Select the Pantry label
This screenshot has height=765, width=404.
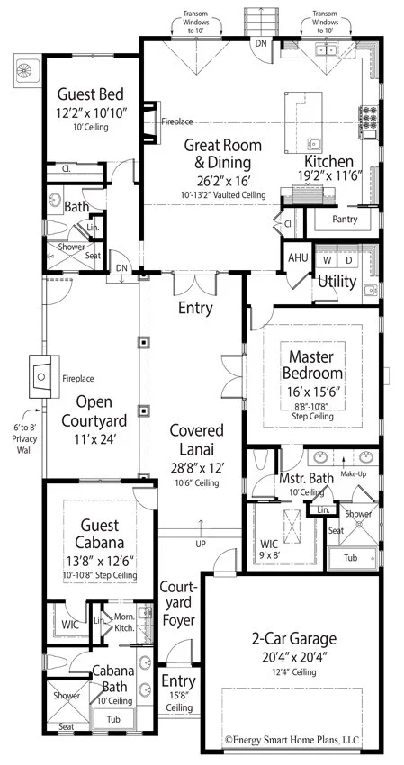[345, 220]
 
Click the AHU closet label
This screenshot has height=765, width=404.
[298, 256]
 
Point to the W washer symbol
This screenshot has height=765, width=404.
[328, 260]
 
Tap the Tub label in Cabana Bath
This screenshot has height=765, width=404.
[112, 720]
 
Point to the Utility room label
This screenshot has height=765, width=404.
[337, 282]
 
